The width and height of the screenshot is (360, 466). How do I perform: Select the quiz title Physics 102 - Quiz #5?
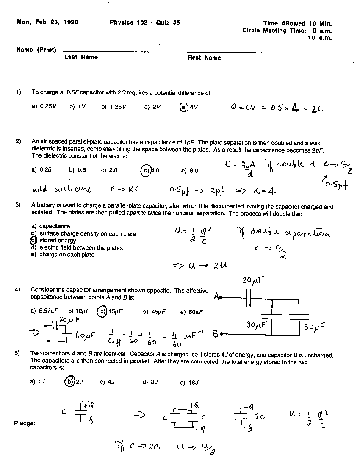click(x=144, y=23)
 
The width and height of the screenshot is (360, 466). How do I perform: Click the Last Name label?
click(x=81, y=57)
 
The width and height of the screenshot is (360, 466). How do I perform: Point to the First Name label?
click(x=204, y=58)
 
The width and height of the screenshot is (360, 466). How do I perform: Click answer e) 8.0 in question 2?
click(x=189, y=171)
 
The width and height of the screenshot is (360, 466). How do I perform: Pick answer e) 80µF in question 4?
click(x=192, y=312)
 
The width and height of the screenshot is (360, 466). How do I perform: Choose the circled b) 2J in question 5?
click(x=74, y=382)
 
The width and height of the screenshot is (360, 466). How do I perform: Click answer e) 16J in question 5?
click(x=189, y=382)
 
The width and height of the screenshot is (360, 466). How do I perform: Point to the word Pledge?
click(x=25, y=423)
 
